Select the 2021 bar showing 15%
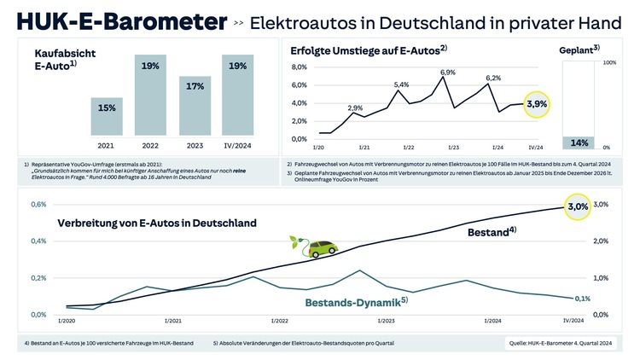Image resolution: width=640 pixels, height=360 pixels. click(108, 116)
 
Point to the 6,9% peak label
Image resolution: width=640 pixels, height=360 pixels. click(448, 73)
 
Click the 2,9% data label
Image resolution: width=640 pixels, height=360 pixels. click(356, 108)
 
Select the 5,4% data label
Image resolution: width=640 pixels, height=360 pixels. click(401, 84)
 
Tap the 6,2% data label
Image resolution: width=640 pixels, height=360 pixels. click(493, 78)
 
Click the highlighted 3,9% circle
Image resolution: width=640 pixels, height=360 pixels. click(538, 104)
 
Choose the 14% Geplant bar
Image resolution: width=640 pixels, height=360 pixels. click(580, 142)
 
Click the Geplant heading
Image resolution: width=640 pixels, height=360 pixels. click(579, 49)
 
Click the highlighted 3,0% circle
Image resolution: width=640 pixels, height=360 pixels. click(578, 206)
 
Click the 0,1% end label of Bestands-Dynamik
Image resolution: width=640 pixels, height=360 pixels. click(583, 299)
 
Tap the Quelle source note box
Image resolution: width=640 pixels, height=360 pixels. click(561, 344)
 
